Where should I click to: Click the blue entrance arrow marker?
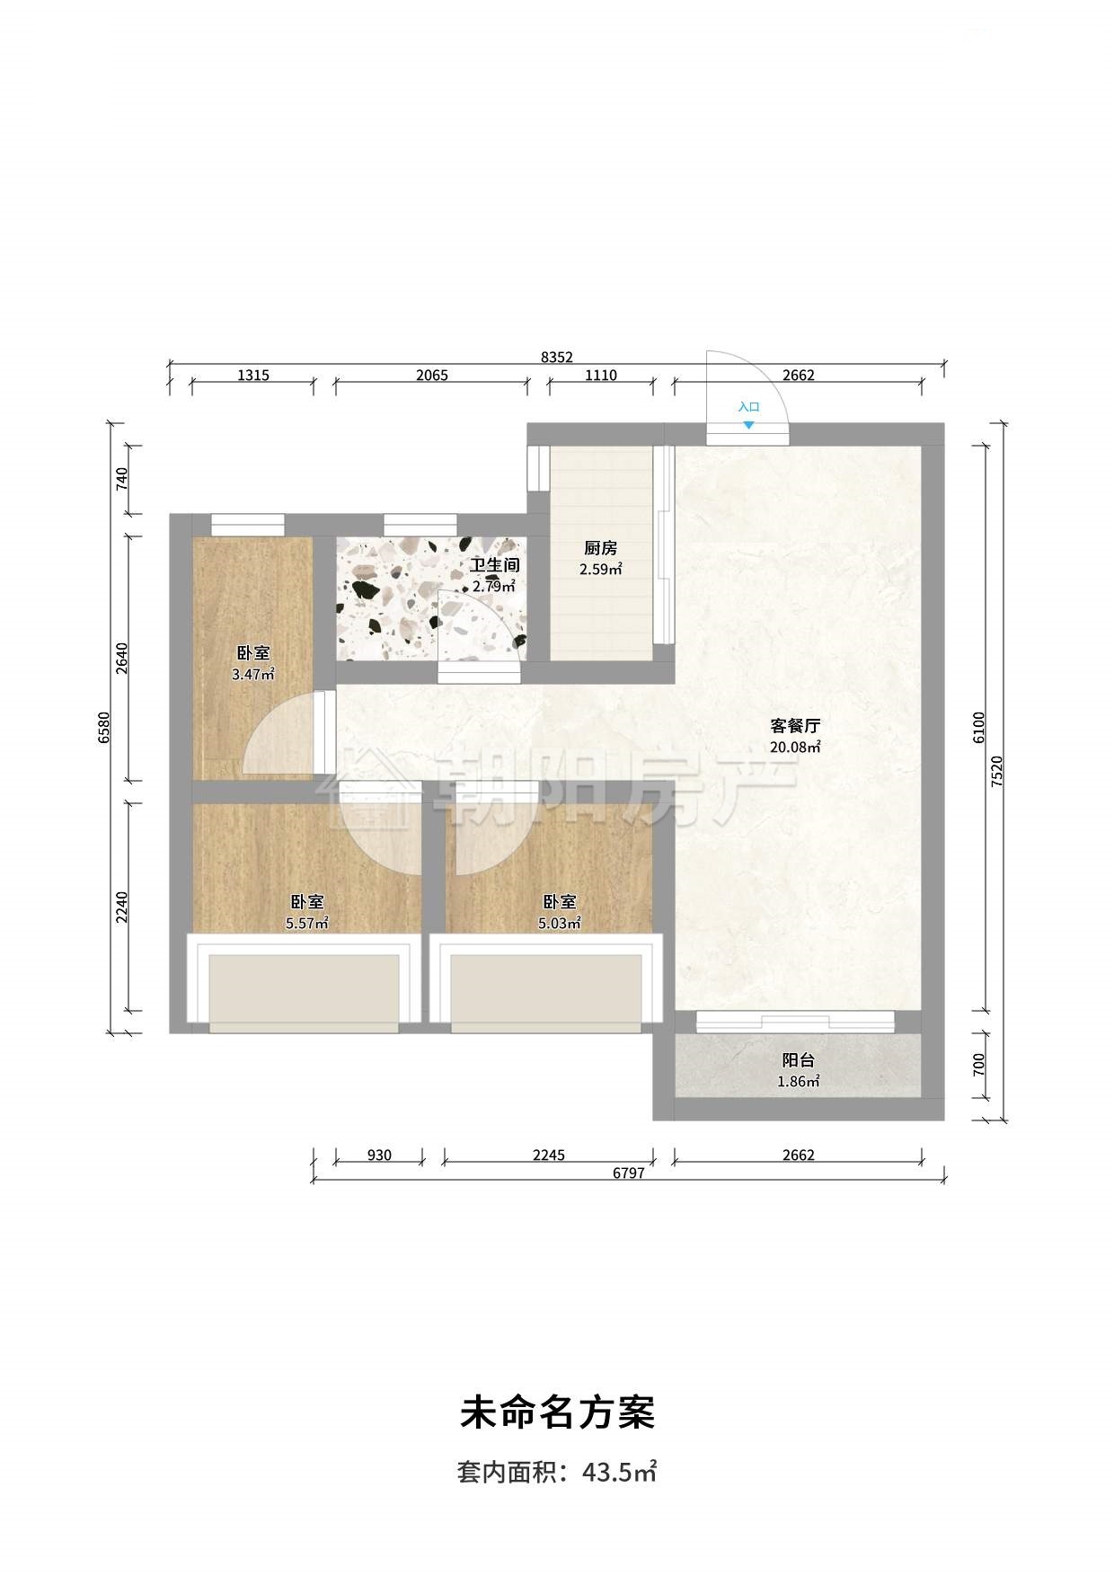pos(748,425)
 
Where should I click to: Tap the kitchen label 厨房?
pos(600,549)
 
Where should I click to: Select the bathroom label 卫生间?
pos(494,566)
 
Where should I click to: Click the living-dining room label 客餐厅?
pos(795,726)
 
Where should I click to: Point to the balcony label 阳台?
pos(798,1061)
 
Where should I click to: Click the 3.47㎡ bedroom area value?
pos(252,674)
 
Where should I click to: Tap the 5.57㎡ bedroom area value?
pos(306,923)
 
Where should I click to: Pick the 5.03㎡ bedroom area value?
pos(559,923)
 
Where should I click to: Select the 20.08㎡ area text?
pos(795,747)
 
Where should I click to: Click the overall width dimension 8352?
pos(556,357)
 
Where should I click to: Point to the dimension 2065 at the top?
pos(431,376)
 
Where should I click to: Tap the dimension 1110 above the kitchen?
pos(600,376)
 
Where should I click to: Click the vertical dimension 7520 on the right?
pos(997,772)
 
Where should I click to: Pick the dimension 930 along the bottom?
pos(379,1155)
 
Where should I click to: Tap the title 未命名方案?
pos(557,1412)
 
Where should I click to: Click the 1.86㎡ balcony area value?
pos(798,1082)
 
